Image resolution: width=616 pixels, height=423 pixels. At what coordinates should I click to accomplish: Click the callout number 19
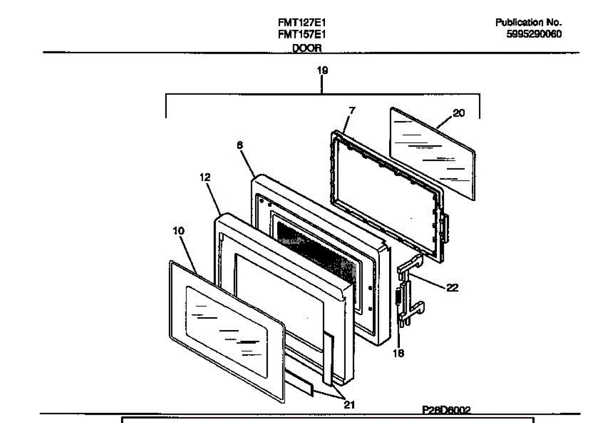(322, 70)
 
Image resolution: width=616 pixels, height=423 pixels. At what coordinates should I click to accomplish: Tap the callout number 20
(458, 113)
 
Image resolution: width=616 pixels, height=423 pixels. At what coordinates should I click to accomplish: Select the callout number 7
(352, 110)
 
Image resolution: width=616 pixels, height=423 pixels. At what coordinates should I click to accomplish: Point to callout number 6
(240, 145)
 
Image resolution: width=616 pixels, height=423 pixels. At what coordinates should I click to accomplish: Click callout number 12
(205, 177)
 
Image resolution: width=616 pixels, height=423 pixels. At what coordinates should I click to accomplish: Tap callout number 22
(452, 288)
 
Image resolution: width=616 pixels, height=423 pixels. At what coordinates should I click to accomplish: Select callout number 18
(398, 353)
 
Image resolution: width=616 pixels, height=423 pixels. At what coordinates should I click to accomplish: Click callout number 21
(349, 405)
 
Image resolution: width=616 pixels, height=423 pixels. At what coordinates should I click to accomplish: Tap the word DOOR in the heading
(306, 48)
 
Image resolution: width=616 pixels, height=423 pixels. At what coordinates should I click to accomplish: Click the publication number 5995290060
(534, 34)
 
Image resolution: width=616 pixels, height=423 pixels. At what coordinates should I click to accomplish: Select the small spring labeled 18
(399, 297)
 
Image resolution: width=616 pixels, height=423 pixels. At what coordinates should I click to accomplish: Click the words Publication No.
(528, 23)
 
